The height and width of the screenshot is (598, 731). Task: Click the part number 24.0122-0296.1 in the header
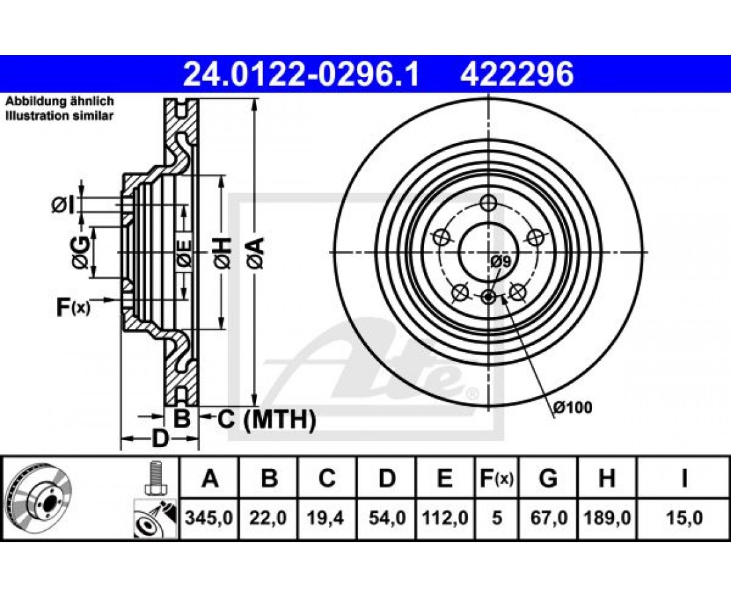pos(301,75)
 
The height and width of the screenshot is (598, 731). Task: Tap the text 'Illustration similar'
pos(59,116)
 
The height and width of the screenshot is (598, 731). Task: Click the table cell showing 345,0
pos(209,518)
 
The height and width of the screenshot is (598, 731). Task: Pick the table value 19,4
pos(327,518)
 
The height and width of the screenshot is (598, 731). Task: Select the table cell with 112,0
pos(445,518)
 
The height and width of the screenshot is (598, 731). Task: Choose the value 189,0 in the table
pos(607,518)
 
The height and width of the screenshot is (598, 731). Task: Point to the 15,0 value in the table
pos(684,518)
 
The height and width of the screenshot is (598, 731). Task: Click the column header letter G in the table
pos(548,478)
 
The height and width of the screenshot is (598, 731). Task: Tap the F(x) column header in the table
pos(496,478)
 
